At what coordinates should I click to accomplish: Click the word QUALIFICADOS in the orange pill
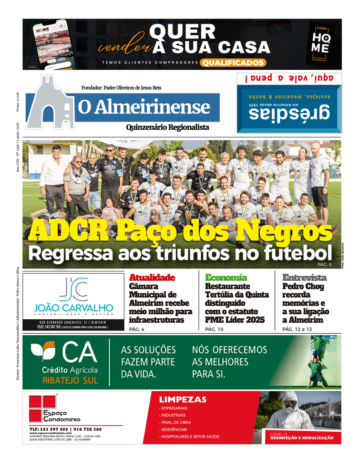(233, 63)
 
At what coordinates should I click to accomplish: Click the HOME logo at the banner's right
(320, 44)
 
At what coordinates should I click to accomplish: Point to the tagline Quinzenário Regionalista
(167, 128)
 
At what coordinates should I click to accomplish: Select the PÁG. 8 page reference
(325, 264)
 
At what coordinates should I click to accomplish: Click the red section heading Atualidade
(152, 278)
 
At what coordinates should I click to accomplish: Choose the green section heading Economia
(226, 278)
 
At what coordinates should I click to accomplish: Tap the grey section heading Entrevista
(304, 278)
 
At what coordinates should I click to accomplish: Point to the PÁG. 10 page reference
(214, 329)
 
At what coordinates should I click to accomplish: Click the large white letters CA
(79, 353)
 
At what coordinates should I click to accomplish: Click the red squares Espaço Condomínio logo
(42, 408)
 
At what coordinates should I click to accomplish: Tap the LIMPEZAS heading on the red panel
(182, 400)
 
